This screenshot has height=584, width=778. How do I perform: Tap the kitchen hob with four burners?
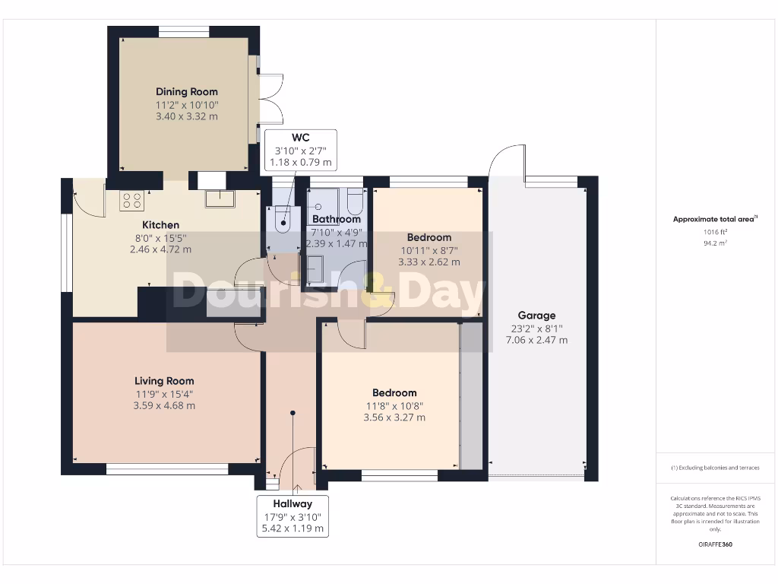coord(131,200)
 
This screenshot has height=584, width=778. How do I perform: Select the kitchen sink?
coord(220,199)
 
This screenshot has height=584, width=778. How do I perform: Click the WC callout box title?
coord(301,137)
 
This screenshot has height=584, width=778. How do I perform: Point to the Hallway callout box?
coord(293,516)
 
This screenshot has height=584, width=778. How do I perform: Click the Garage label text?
coord(536,315)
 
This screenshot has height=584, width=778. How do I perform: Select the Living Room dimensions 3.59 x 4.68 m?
coord(164,406)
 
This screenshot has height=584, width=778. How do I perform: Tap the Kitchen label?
coord(161,225)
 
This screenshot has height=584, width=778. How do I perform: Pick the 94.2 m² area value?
coord(714,244)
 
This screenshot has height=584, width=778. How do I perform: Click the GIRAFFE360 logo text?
coord(715,544)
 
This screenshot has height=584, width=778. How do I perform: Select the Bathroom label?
coord(337,219)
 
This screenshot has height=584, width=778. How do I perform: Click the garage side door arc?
coord(503,160)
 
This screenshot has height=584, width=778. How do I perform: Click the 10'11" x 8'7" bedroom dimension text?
coord(429,249)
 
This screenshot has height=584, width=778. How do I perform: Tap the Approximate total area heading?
coord(714,219)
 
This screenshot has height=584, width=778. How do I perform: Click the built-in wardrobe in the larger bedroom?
coord(471,395)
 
